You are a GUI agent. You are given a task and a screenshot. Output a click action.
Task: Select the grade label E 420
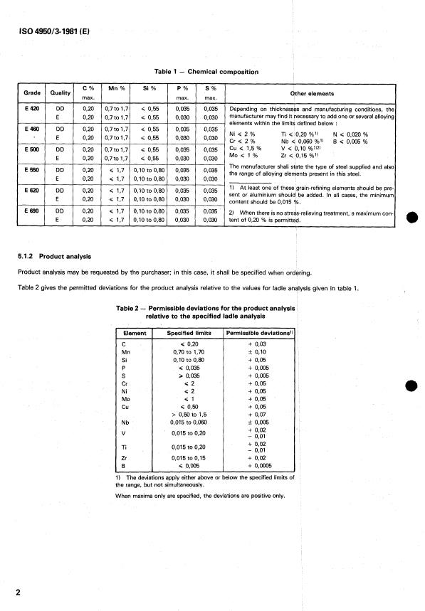pyautogui.click(x=31, y=109)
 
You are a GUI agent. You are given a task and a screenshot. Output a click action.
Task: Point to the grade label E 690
pyautogui.click(x=31, y=211)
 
